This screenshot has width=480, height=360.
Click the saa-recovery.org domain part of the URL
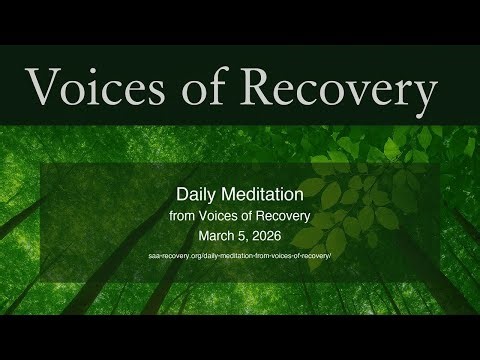coord(178,258)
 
